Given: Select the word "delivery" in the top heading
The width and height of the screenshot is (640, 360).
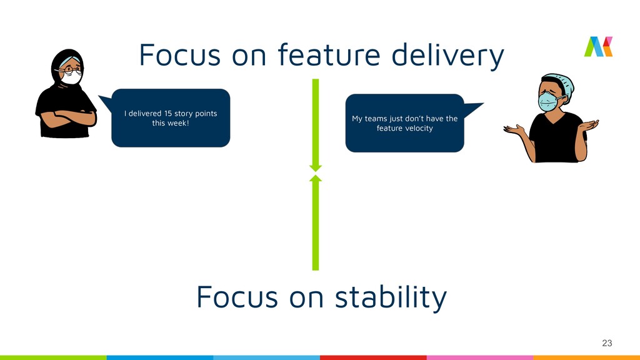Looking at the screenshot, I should coord(447,56).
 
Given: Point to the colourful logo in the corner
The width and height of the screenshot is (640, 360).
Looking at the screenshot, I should coord(598,47).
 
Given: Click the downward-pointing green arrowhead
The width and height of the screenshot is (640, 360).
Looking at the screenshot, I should coord(316,167).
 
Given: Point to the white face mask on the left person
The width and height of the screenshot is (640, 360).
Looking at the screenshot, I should coord(72,77).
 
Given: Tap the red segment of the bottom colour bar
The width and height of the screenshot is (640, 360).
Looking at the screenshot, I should coord(373,357).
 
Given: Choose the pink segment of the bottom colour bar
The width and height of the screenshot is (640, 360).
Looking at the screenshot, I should coord(479,357).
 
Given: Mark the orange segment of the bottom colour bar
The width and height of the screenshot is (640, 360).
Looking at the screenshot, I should coord(586,357).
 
